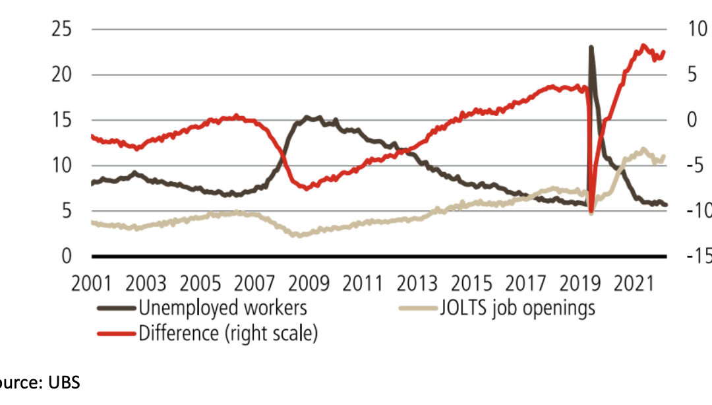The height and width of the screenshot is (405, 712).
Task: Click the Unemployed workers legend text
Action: [x=223, y=307]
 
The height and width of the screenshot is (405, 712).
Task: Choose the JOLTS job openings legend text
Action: [x=517, y=307]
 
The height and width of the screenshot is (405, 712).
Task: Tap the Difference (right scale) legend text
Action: [x=228, y=333]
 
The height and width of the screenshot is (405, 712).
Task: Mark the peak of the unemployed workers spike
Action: [x=591, y=47]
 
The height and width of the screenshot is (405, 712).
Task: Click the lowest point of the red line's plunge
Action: [x=591, y=212]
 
